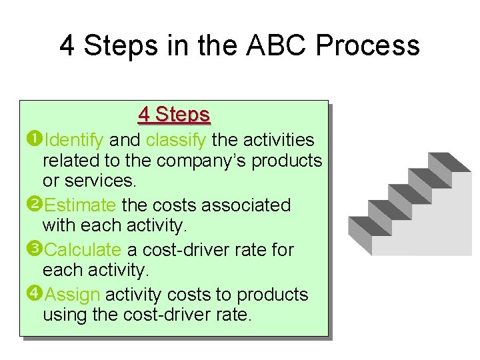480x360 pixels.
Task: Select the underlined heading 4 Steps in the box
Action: (174, 115)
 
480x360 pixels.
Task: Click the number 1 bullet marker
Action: (35, 139)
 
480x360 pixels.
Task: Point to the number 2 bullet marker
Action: (35, 204)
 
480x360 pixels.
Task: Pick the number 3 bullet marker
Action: (35, 249)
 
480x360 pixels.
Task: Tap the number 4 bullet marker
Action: (35, 293)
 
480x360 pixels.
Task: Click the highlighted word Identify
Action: (73, 140)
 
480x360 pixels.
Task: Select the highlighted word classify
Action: (177, 140)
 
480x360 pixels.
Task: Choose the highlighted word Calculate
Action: (83, 250)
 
